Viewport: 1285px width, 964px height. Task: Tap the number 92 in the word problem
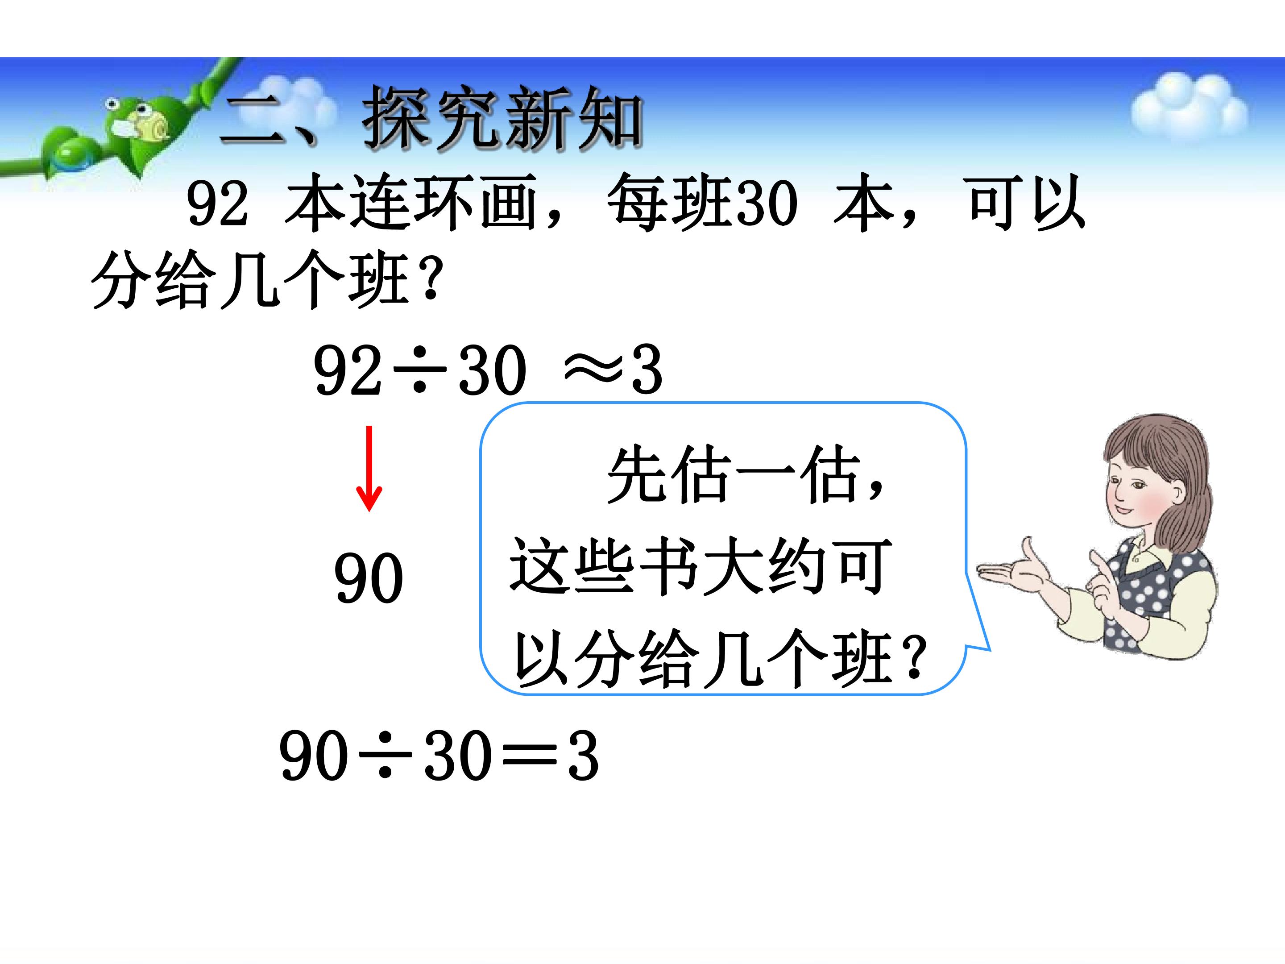(217, 204)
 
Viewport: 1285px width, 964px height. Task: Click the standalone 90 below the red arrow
(368, 578)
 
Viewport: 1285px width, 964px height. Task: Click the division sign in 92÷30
(419, 370)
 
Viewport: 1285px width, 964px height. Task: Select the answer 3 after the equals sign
(583, 756)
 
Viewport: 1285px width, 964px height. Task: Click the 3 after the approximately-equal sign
(647, 369)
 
